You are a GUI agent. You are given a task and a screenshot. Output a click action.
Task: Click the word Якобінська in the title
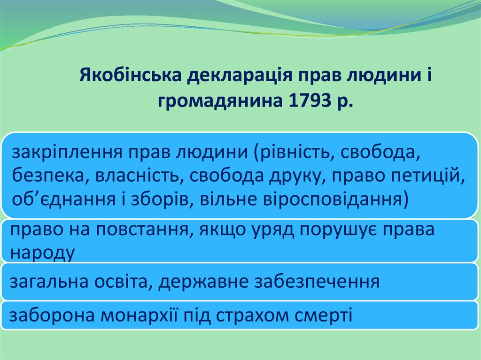(131, 75)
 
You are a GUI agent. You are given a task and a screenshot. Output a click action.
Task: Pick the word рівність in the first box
(294, 152)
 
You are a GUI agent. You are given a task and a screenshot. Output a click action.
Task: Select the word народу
(43, 253)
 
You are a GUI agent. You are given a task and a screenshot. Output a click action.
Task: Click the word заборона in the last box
(52, 315)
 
